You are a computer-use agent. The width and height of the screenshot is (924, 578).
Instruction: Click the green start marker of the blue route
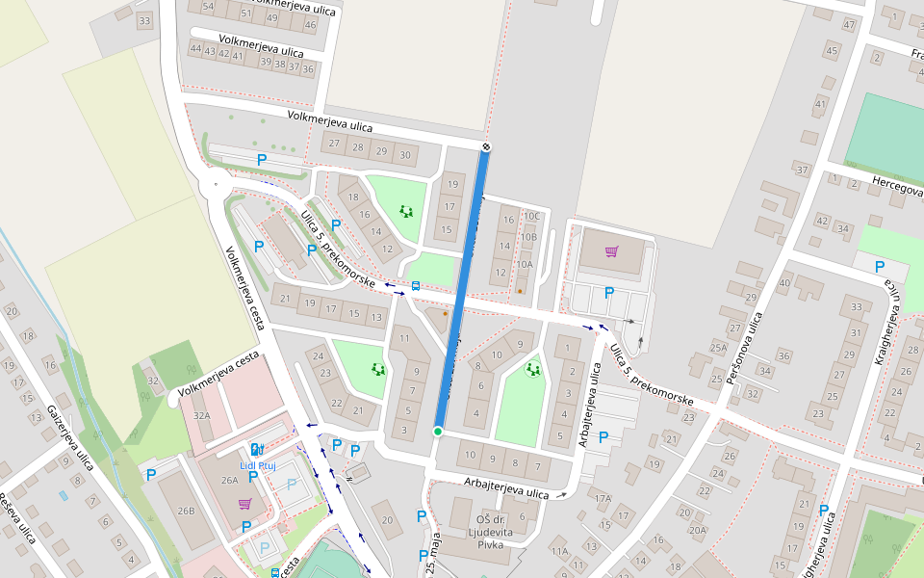click(x=438, y=432)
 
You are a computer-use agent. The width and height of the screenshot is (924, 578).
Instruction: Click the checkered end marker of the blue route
click(x=486, y=147)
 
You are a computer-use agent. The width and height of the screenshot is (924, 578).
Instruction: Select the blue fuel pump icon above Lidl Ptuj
click(x=255, y=450)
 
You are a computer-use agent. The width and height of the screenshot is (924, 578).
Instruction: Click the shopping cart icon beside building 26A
click(x=245, y=503)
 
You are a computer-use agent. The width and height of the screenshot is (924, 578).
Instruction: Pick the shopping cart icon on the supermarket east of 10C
click(x=611, y=252)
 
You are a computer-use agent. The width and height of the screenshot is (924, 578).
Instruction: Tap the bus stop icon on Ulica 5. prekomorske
click(x=416, y=286)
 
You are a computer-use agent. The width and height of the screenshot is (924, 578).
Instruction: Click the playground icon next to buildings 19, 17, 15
click(x=406, y=211)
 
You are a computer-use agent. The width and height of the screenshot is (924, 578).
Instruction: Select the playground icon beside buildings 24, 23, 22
click(x=378, y=369)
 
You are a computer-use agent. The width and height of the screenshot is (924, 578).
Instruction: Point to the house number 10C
click(x=531, y=217)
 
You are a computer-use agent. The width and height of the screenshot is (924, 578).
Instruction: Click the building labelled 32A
click(x=201, y=415)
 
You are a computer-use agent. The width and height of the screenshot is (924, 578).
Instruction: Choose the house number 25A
click(x=718, y=348)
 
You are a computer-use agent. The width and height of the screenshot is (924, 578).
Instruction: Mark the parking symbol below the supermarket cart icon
click(x=608, y=293)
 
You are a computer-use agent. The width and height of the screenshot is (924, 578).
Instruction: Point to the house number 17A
click(x=603, y=499)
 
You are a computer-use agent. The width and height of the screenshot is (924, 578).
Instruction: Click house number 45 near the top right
click(x=832, y=50)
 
